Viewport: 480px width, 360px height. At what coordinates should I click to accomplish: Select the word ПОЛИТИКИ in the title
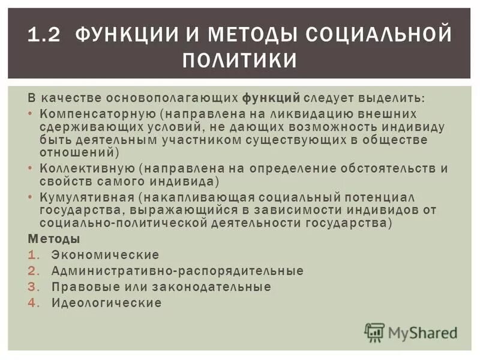pyautogui.click(x=240, y=61)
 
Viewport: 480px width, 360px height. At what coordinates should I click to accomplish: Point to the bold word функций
pyautogui.click(x=271, y=97)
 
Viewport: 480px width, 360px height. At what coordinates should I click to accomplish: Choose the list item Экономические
pyautogui.click(x=105, y=255)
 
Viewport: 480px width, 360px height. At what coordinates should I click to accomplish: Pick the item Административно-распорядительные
pyautogui.click(x=177, y=271)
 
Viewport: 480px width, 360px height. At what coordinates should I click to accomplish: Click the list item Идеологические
pyautogui.click(x=106, y=302)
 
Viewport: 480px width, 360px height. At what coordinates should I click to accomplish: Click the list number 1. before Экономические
pyautogui.click(x=33, y=255)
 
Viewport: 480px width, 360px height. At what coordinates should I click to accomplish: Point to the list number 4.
pyautogui.click(x=33, y=302)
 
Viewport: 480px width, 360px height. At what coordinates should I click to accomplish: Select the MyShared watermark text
pyautogui.click(x=422, y=332)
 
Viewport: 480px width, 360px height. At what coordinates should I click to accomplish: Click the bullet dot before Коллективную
pyautogui.click(x=31, y=169)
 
